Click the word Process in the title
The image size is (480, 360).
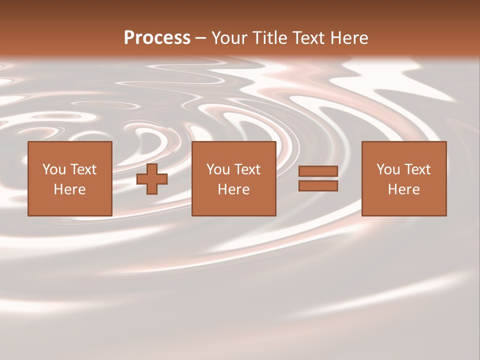click(157, 38)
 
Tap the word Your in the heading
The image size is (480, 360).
click(228, 38)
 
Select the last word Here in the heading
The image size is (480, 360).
click(349, 38)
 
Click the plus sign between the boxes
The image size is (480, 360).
click(152, 179)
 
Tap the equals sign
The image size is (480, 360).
click(318, 179)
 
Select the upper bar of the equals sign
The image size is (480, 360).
click(318, 171)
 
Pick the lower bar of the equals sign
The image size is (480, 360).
click(318, 186)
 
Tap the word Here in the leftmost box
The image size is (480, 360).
click(70, 189)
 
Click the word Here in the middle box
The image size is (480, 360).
click(234, 189)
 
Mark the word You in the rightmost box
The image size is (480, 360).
click(388, 169)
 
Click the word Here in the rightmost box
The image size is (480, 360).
click(404, 189)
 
